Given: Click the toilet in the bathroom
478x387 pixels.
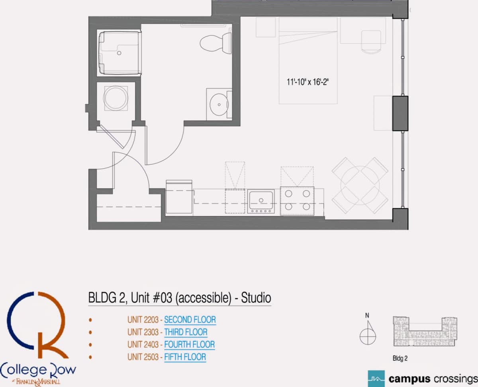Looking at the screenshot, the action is [x=215, y=43].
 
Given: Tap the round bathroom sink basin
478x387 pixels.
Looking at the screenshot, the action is [x=219, y=104].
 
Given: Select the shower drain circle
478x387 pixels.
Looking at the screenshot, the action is [x=119, y=53].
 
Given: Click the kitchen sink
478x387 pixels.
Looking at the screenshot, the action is [x=261, y=201].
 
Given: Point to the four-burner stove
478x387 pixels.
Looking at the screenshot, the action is [x=297, y=201].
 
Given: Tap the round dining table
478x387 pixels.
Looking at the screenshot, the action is [x=360, y=185].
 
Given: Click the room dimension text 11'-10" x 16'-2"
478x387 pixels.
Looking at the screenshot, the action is [x=308, y=82].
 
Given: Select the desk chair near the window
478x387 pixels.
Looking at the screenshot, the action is [x=371, y=42].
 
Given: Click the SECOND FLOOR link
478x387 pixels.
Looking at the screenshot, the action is [x=190, y=320].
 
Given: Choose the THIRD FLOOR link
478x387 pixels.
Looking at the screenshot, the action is [x=186, y=332].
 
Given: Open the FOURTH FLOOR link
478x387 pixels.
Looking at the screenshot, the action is [x=189, y=344].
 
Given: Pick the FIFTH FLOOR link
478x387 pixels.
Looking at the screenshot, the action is [x=185, y=357].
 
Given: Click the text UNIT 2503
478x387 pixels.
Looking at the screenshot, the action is [x=143, y=357].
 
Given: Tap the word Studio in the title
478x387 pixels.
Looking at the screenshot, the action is [x=256, y=298].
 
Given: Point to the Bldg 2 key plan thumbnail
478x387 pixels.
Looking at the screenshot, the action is [x=425, y=331].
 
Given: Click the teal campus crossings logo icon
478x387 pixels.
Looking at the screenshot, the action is [x=376, y=379].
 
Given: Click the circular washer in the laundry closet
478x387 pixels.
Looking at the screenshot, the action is [x=116, y=98].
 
